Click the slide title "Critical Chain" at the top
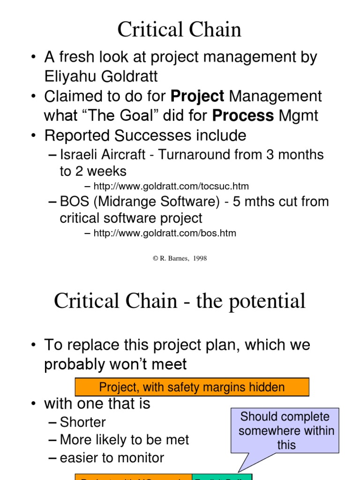click(x=180, y=30)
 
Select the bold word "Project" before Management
click(x=197, y=97)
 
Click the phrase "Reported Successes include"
click(x=145, y=135)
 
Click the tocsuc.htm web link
click(x=171, y=186)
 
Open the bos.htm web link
click(x=165, y=233)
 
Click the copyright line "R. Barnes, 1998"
click(x=180, y=258)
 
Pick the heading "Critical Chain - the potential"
click(x=180, y=301)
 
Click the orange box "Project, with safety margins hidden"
click(x=192, y=387)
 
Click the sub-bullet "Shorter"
click(x=83, y=422)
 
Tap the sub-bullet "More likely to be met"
click(x=124, y=440)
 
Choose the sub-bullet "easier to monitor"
click(x=112, y=457)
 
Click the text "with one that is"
click(x=97, y=404)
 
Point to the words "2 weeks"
click(x=93, y=171)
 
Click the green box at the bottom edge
click(x=222, y=477)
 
